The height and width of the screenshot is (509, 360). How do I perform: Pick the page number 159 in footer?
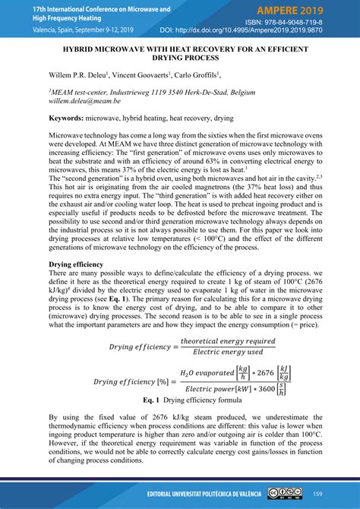click(317, 494)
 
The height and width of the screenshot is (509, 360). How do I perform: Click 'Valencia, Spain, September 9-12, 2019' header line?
click(72, 30)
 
